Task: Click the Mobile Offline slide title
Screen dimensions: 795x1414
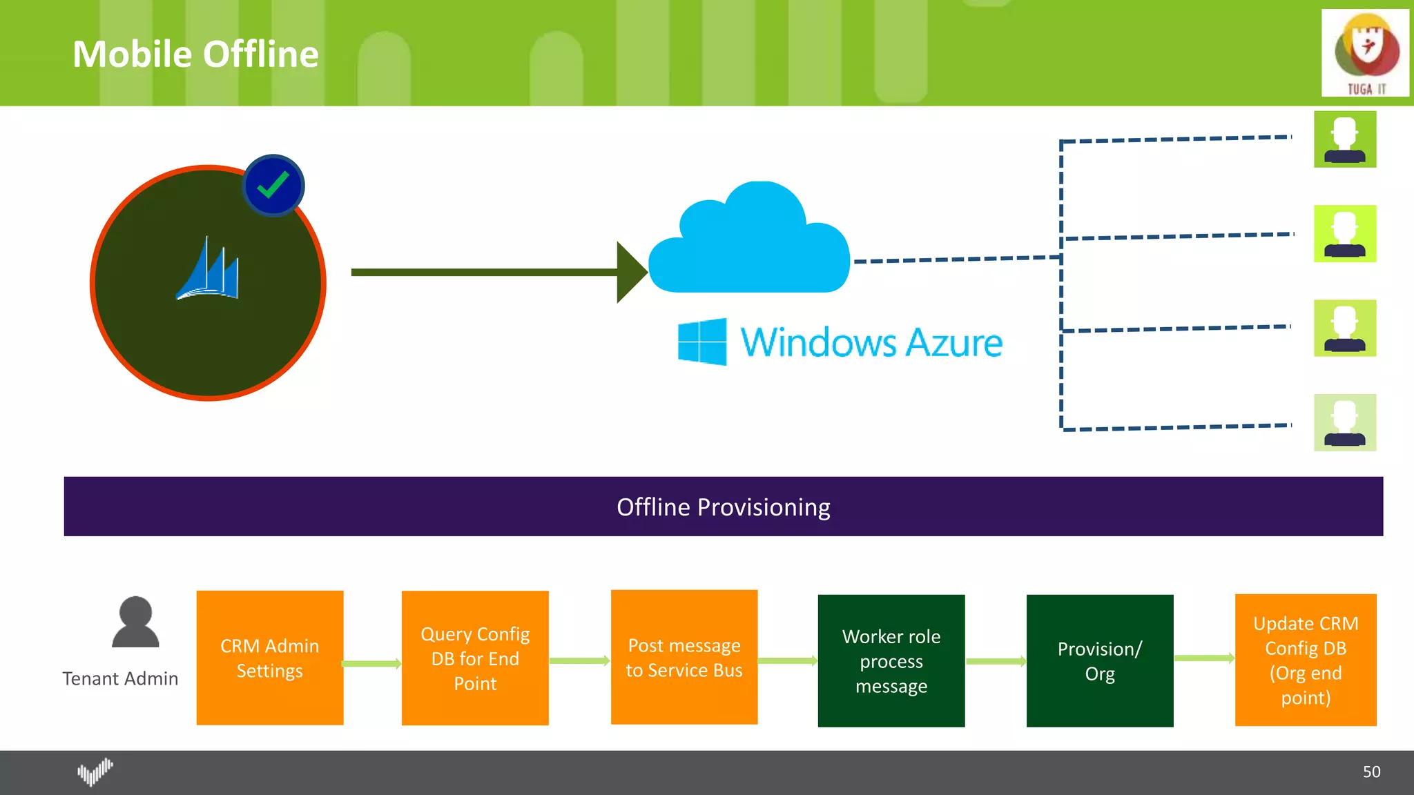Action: click(195, 54)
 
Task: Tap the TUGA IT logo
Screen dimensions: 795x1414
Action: click(1365, 53)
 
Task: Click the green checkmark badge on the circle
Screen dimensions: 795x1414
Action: click(273, 185)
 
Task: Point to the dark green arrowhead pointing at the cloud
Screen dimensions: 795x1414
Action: click(630, 272)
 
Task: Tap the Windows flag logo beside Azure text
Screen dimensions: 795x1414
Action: click(702, 342)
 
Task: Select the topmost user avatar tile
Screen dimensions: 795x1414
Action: click(1344, 139)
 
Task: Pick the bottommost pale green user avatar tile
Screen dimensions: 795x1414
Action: click(1344, 422)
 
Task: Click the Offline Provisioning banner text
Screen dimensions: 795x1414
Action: click(723, 507)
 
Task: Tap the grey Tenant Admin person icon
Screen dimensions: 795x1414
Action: click(135, 622)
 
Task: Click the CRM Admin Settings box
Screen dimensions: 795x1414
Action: click(269, 658)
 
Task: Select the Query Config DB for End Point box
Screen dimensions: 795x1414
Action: click(475, 658)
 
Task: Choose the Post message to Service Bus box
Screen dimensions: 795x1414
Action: click(684, 657)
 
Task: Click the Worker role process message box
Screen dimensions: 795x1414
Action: click(891, 660)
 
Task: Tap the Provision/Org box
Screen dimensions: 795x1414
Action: click(1099, 660)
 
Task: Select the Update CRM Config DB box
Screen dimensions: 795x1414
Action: click(1305, 660)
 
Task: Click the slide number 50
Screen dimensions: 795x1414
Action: click(1371, 772)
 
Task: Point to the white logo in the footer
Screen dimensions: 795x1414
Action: click(95, 772)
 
